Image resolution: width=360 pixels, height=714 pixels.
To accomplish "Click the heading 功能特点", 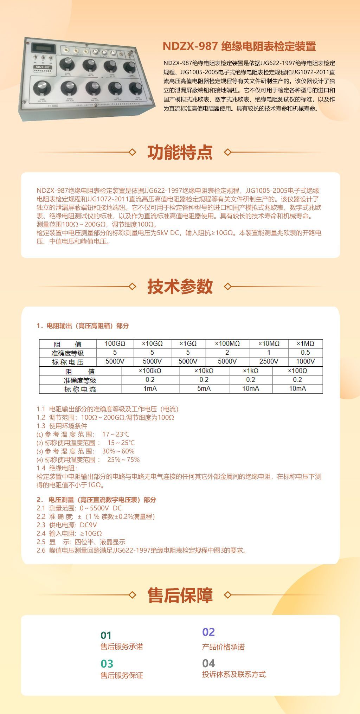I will click(x=180, y=152).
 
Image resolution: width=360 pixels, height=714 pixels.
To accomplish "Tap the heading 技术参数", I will click(x=180, y=286).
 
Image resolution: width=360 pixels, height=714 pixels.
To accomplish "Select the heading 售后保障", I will click(x=180, y=595).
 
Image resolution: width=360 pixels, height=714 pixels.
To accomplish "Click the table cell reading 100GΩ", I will click(x=115, y=343).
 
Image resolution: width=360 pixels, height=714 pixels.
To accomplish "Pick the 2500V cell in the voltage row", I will click(x=269, y=361).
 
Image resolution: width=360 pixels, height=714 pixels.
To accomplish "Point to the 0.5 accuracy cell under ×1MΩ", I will click(x=305, y=353).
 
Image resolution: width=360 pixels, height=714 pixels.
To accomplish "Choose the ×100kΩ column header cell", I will click(x=150, y=371).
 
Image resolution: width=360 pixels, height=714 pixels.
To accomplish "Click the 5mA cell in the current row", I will click(x=204, y=389).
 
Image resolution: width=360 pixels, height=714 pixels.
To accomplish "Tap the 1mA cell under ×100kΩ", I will click(x=150, y=389).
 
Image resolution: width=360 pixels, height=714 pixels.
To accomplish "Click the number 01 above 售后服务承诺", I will click(x=106, y=635).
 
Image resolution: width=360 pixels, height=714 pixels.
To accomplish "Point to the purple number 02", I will click(x=208, y=632).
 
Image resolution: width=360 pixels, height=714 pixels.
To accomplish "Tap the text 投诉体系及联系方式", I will click(x=234, y=674).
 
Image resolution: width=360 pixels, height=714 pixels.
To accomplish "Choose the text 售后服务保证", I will click(x=122, y=675).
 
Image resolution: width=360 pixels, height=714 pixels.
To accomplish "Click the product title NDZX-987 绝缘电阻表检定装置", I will click(x=239, y=46).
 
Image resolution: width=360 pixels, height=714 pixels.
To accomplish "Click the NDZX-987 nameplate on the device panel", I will click(x=42, y=67).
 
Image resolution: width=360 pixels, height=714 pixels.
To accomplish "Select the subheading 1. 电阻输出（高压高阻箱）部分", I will click(x=83, y=326).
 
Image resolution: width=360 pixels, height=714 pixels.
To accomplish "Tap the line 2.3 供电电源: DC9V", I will click(x=67, y=525).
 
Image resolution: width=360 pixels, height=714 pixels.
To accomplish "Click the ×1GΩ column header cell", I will click(x=188, y=343).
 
